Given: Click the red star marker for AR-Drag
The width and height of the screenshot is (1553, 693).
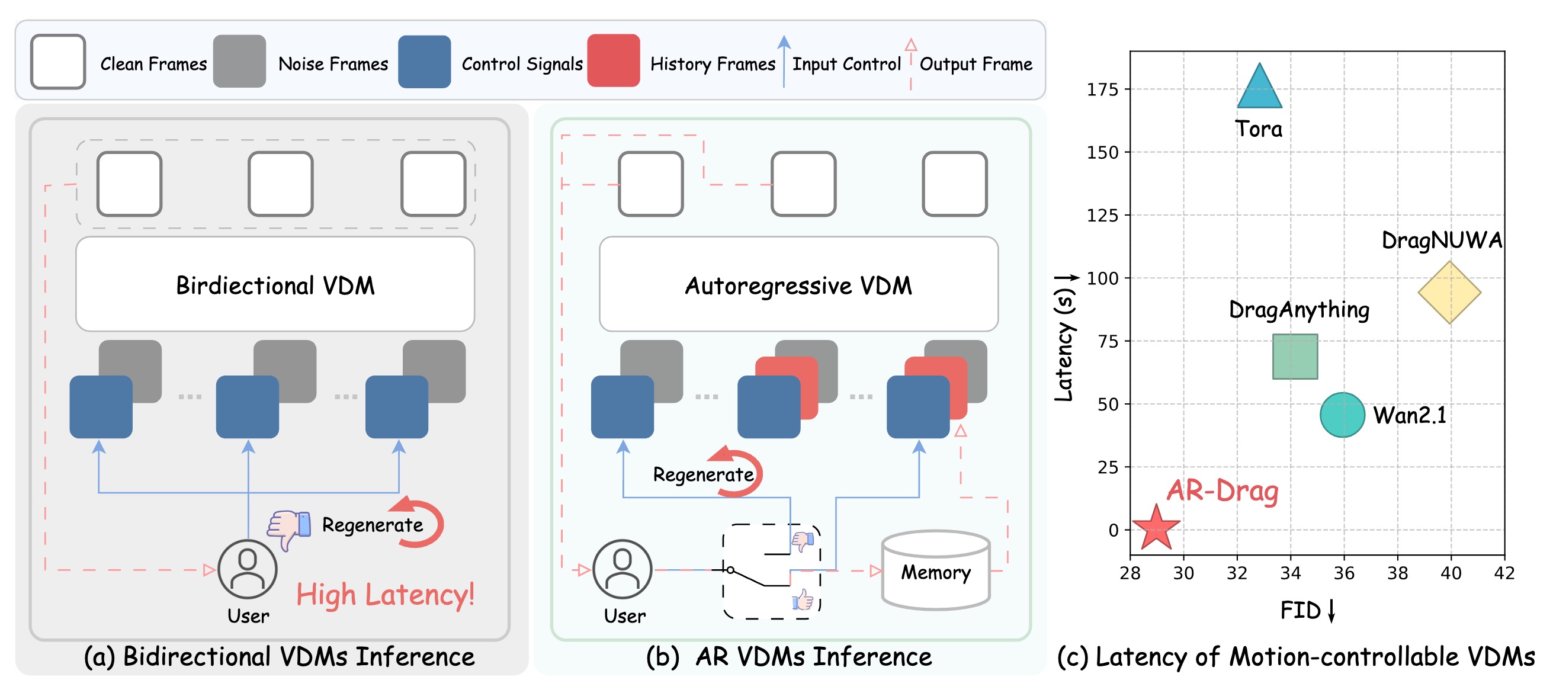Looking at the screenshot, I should pos(1156,528).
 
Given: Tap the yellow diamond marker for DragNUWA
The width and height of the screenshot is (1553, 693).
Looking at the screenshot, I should pos(1449,293).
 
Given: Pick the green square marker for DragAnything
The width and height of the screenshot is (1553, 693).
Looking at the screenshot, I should pos(1295,357).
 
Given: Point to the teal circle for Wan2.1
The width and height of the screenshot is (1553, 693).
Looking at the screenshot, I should pos(1342,415).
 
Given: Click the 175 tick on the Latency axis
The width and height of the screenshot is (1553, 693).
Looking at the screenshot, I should pos(1102,90).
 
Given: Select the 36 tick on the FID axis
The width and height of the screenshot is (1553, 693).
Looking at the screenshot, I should pos(1344,573).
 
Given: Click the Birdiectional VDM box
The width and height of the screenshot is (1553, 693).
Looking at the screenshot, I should pos(275,284).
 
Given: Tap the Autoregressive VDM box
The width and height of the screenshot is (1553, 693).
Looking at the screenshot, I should pos(798,284).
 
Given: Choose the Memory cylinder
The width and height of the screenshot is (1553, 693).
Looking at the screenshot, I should pos(935,570).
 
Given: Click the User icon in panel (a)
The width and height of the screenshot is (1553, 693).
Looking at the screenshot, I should pos(247,569).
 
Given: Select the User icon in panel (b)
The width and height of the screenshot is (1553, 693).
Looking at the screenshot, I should pos(622,569).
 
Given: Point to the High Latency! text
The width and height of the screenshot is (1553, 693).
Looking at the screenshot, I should pos(385,595).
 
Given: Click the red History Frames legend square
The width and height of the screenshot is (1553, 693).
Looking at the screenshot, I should pos(613,61).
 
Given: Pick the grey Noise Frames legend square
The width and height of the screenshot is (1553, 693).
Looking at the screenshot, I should pos(239,61).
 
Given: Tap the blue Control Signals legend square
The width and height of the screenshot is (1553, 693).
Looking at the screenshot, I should pos(425,62).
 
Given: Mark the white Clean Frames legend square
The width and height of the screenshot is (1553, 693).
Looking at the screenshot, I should pos(58,62).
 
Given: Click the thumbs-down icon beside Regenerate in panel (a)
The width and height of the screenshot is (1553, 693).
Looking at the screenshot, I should pos(289,528).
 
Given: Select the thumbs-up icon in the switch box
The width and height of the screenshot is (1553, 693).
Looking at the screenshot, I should pos(803,599).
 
